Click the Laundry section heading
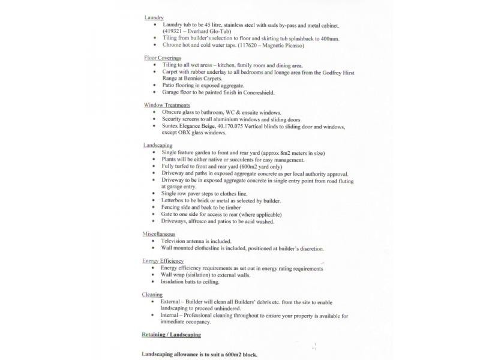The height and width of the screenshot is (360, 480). click(x=154, y=17)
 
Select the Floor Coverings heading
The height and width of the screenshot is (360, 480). click(x=163, y=58)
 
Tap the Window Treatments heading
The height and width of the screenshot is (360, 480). click(x=167, y=105)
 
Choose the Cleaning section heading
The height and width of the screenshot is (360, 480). click(x=152, y=295)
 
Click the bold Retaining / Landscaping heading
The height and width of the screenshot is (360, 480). click(x=171, y=334)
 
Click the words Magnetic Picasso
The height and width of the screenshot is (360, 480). click(x=284, y=45)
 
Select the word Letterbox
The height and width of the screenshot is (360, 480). click(x=175, y=200)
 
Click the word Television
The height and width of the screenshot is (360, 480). click(x=178, y=241)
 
